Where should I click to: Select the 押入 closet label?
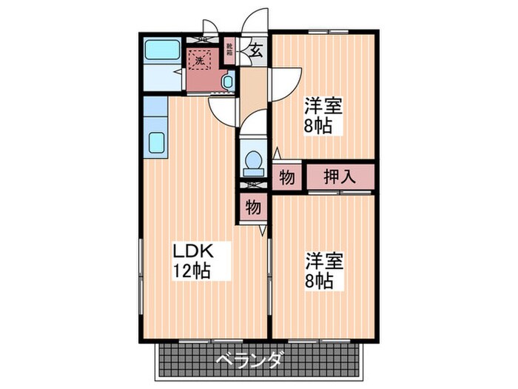pos(340,177)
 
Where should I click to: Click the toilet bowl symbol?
pos(253,162)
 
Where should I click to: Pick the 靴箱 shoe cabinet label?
pos(230,51)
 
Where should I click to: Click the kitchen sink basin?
pos(157,142)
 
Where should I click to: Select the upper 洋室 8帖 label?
pos(323,114)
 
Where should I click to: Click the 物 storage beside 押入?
pos(286,178)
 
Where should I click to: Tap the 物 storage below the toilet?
pos(252,207)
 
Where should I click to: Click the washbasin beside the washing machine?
pos(228,82)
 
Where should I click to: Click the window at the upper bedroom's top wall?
pos(325,32)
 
